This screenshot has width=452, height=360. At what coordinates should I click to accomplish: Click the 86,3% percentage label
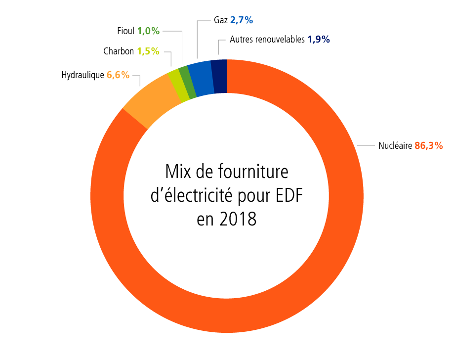[428, 146]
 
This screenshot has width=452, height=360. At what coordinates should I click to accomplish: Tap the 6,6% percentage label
[118, 75]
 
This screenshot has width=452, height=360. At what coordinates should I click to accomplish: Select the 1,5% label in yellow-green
[148, 51]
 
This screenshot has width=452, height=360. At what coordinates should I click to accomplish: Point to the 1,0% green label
[148, 31]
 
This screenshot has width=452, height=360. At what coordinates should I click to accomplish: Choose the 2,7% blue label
[242, 20]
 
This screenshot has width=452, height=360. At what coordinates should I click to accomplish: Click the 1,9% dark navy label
[319, 40]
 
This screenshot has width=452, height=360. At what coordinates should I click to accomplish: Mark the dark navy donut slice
[219, 76]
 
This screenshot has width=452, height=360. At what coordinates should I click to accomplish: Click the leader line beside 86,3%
[367, 146]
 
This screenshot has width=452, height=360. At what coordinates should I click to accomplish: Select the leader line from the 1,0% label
[182, 45]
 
